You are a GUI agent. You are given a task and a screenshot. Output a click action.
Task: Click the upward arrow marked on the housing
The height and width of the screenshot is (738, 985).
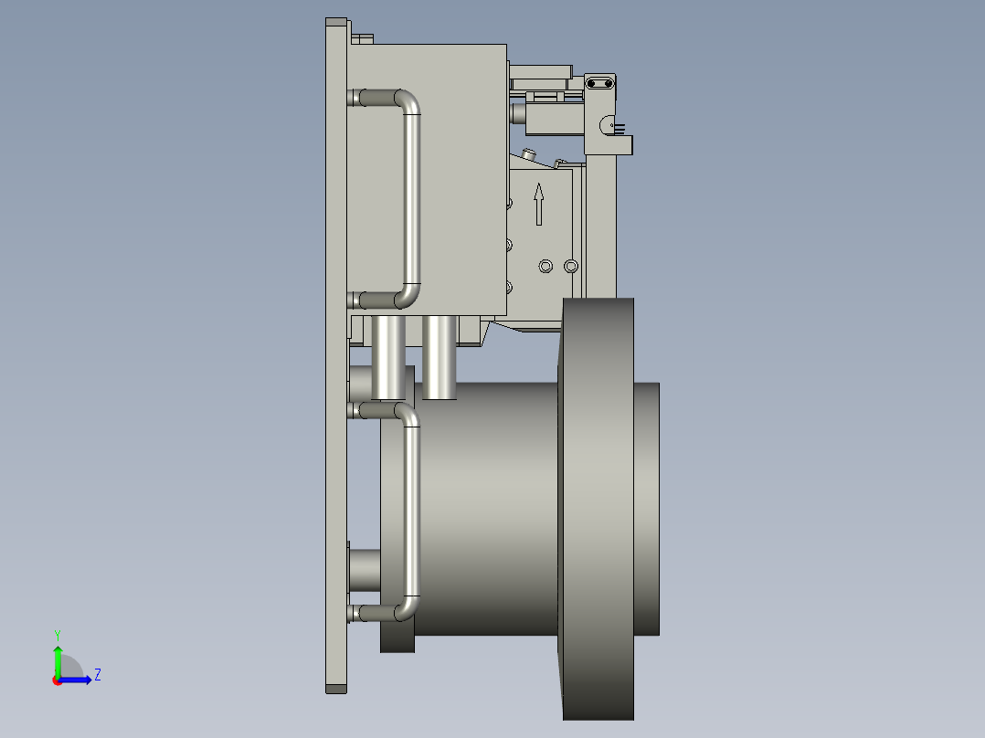point(538,203)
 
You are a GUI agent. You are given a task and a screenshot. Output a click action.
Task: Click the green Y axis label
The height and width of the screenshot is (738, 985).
point(57,633)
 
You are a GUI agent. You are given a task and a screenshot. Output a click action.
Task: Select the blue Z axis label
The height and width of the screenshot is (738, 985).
point(97,675)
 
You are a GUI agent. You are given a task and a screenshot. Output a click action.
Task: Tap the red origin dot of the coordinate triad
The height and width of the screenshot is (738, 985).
point(58,680)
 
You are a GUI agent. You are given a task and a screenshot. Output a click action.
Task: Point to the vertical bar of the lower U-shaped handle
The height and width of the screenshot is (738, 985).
point(412,511)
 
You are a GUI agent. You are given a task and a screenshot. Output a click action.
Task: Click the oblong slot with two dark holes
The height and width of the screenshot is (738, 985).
point(600,84)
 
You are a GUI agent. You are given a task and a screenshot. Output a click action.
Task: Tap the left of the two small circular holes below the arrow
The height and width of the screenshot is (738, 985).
point(546,266)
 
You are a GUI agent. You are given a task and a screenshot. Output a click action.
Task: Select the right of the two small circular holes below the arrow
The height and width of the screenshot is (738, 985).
point(571,266)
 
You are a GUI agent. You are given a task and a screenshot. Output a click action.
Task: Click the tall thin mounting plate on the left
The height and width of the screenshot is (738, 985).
point(335,365)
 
